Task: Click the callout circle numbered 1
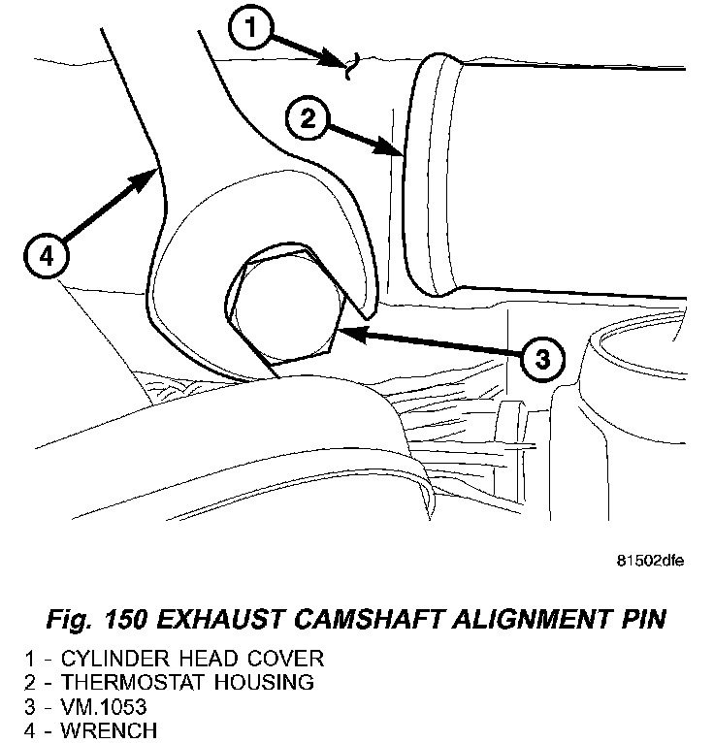(252, 31)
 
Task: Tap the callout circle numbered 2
(308, 120)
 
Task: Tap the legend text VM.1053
(98, 705)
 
